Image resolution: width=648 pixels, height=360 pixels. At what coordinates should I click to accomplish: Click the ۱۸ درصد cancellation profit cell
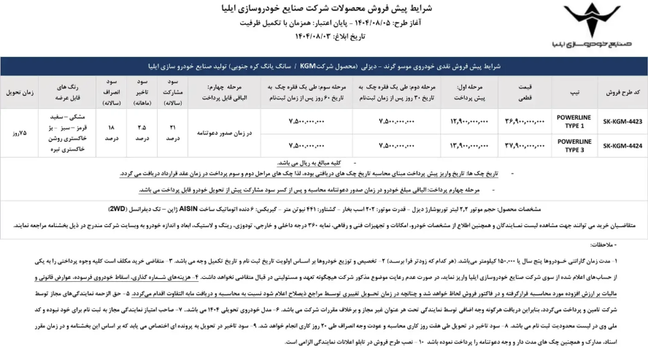point(112,133)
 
